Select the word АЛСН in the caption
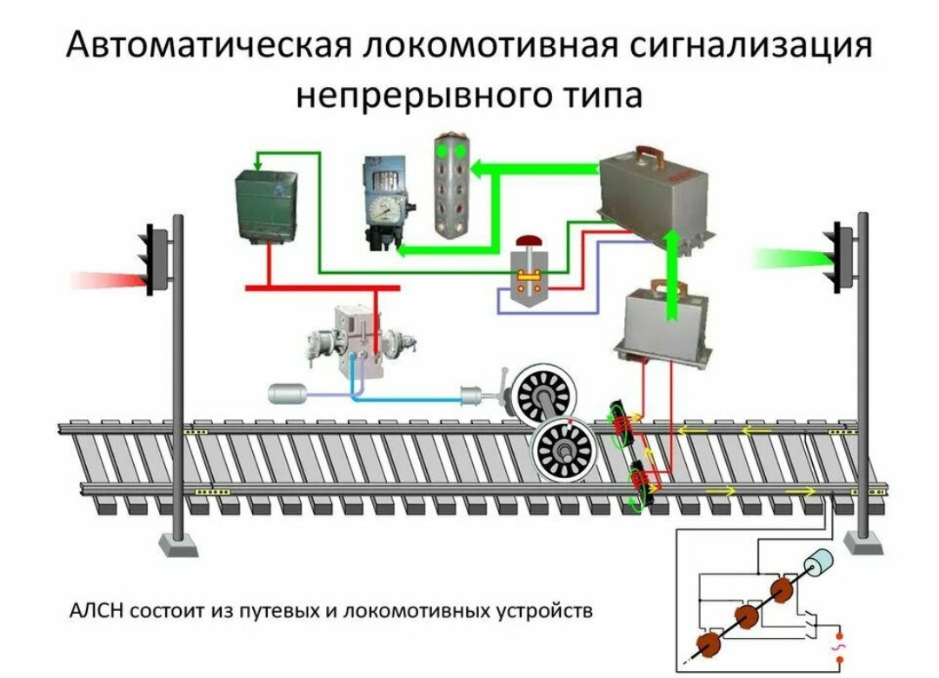[x=97, y=610]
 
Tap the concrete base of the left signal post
[x=178, y=544]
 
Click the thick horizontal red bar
[x=322, y=288]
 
